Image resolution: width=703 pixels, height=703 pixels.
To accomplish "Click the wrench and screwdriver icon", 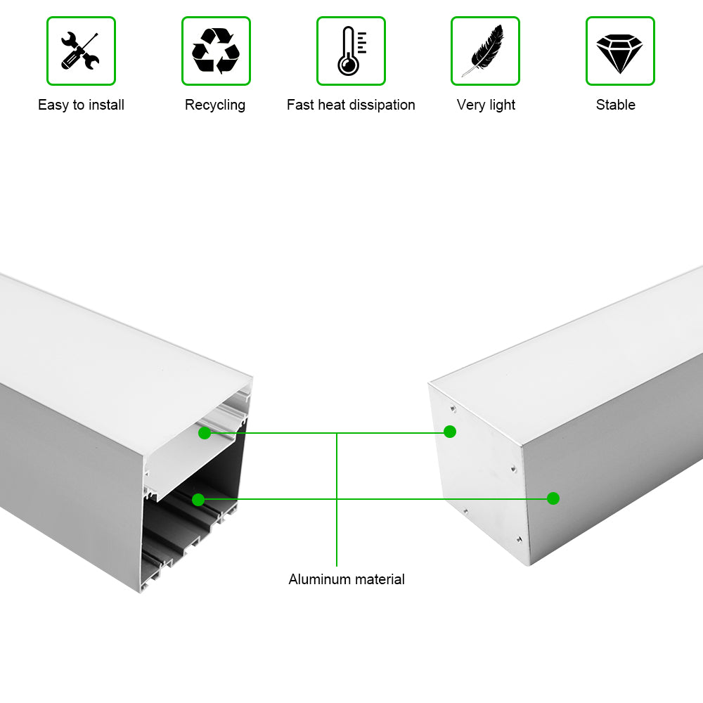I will click(81, 51).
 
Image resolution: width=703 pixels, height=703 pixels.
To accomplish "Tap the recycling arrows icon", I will click(216, 51).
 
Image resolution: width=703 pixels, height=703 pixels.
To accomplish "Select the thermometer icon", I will click(350, 51).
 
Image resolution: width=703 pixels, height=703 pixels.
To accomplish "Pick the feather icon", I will click(484, 51).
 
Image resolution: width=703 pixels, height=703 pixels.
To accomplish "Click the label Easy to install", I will click(81, 105).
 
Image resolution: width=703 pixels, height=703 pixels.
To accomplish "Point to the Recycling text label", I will click(215, 105).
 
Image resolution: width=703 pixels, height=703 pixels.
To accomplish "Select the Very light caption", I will click(486, 105).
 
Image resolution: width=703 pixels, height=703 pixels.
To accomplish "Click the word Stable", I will click(616, 105).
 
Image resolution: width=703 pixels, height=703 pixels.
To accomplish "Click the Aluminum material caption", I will click(347, 579).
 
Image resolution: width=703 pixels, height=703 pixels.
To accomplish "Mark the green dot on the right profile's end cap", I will click(450, 432).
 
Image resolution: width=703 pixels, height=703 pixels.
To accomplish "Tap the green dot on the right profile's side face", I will click(553, 498).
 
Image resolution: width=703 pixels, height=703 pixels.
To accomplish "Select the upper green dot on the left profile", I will click(205, 433).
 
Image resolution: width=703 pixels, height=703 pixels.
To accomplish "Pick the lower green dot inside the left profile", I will click(198, 500).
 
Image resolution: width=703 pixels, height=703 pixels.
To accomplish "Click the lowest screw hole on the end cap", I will click(518, 539).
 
